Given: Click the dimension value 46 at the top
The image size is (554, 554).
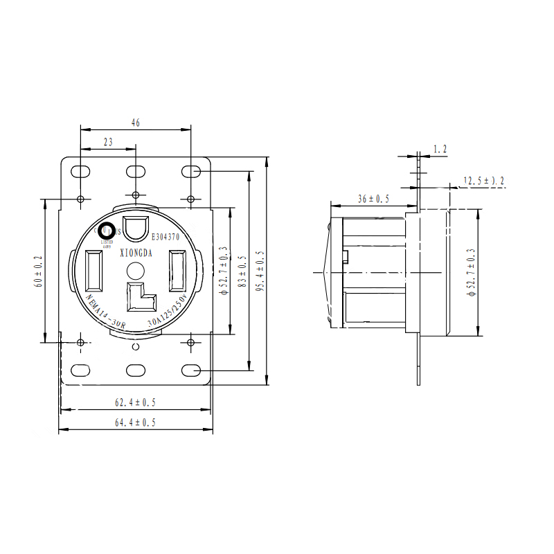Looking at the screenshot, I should coord(136,123).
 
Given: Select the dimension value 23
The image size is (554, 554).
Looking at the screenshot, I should coord(108,142).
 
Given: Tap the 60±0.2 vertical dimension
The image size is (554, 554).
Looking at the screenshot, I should coord(39,271).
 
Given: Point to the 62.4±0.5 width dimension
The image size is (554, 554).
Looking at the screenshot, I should coord(135,402).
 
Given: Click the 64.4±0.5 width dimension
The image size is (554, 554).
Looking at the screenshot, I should coord(135,422).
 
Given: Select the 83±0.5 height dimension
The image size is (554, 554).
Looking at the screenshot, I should coord(242,271).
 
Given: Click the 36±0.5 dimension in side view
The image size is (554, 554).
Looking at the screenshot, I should coord(373,199).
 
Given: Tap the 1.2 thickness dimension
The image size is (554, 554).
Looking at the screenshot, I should coord(440,149).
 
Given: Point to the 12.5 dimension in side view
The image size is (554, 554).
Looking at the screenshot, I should coord(484,181).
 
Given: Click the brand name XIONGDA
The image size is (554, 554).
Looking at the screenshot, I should coord(136,253).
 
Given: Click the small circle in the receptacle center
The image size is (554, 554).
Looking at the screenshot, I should coord(136,270).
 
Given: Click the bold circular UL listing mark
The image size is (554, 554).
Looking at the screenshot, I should coord(107,232).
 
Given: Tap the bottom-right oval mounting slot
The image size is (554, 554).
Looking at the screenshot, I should coord(191,370).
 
